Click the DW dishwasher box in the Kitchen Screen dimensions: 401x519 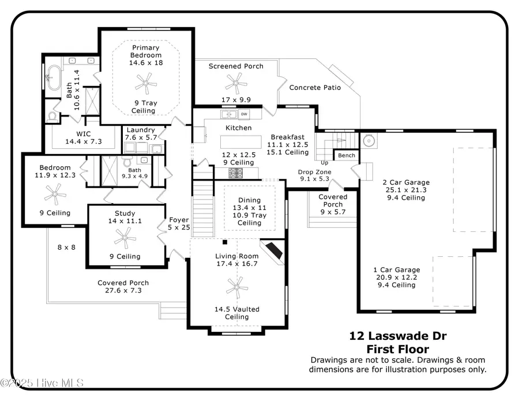[x=244, y=114]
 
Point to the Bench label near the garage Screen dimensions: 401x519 [x=347, y=156]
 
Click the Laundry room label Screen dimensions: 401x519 [x=141, y=130]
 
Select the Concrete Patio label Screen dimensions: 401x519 [x=315, y=88]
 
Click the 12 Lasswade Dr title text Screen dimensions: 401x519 [x=397, y=336]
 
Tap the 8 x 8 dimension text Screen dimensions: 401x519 [x=66, y=247]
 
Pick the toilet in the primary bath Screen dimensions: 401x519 [x=52, y=117]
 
